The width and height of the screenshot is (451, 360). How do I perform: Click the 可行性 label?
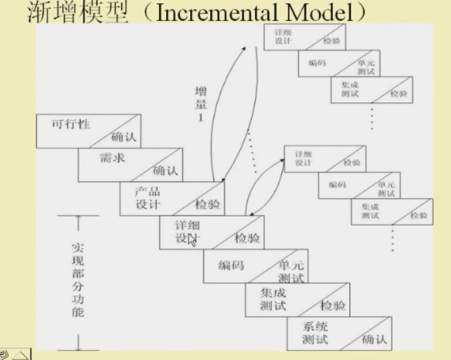70,123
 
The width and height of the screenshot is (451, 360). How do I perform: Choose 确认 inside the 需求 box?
164,171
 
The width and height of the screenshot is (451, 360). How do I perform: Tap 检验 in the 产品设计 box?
208,205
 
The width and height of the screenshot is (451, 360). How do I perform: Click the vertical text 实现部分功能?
77,280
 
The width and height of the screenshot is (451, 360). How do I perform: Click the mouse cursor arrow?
191,241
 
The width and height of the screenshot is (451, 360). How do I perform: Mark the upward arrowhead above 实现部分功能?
78,220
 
